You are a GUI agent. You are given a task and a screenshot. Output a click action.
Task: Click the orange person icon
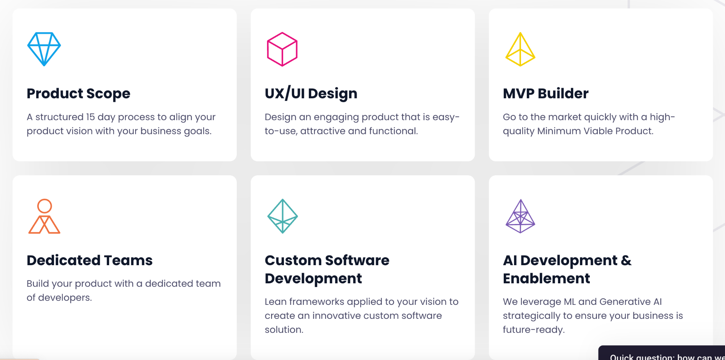tap(44, 206)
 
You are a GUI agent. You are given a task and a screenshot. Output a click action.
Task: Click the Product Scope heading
tap(79, 94)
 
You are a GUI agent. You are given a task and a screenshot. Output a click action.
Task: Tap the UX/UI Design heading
tap(311, 93)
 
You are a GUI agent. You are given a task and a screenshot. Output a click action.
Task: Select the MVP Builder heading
tap(546, 93)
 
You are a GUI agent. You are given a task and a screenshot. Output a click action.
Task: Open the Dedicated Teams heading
tap(89, 260)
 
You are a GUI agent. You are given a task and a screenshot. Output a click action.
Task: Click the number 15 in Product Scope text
tap(90, 117)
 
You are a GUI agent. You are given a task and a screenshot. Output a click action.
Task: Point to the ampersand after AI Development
tap(626, 260)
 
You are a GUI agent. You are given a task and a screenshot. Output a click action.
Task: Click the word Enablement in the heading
tap(546, 278)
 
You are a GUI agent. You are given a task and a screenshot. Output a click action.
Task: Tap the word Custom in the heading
tap(293, 260)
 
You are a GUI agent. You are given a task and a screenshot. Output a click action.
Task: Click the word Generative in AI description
tap(625, 302)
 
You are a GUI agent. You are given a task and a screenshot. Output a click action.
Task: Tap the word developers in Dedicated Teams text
tap(65, 298)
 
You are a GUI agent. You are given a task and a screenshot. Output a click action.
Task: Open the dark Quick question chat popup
tap(662, 353)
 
